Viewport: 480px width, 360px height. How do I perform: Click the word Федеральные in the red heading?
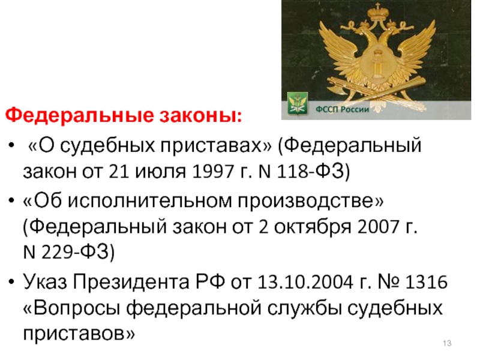coord(79,115)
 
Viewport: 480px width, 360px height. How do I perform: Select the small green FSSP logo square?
coord(298,103)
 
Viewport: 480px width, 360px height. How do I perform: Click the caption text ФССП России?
coord(342,109)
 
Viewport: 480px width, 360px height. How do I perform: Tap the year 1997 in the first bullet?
coord(214,171)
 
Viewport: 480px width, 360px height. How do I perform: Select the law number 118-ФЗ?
coord(311,171)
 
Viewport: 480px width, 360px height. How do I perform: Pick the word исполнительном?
coord(149,202)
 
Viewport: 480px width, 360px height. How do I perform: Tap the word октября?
coord(312,227)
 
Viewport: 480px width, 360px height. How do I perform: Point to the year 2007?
coord(379,227)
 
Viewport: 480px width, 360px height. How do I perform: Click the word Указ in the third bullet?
coord(44,281)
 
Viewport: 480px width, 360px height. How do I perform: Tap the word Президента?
coord(130,282)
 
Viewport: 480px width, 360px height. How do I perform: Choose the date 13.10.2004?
coord(305,282)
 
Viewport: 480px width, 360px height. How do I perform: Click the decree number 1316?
coord(426,282)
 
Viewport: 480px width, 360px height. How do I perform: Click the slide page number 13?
coord(447,343)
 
